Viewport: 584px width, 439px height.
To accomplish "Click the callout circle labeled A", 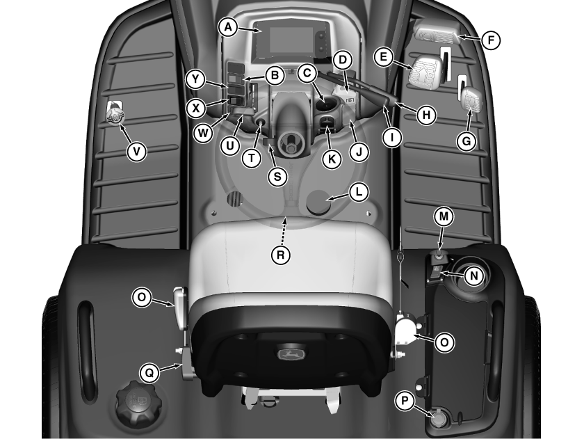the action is [228, 27].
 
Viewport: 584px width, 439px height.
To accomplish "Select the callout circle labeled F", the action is [491, 40].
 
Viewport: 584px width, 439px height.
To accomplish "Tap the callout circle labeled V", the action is [136, 151].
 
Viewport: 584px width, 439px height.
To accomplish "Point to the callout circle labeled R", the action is [280, 255].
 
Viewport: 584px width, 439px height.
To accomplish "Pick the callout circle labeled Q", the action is [149, 372].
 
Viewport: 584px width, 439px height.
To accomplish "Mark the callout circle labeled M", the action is [444, 217].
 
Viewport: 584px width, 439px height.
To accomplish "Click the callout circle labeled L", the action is [359, 192].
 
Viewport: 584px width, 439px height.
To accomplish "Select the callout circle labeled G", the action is [467, 141].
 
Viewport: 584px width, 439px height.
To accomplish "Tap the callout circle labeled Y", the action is [195, 79].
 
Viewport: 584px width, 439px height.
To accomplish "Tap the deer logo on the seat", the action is [291, 353].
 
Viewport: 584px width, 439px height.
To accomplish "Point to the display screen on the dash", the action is [291, 40].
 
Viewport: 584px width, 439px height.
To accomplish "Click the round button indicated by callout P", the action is [437, 417].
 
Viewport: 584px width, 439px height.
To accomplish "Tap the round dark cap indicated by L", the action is [318, 201].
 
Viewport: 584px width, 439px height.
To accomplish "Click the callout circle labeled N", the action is [473, 276].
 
